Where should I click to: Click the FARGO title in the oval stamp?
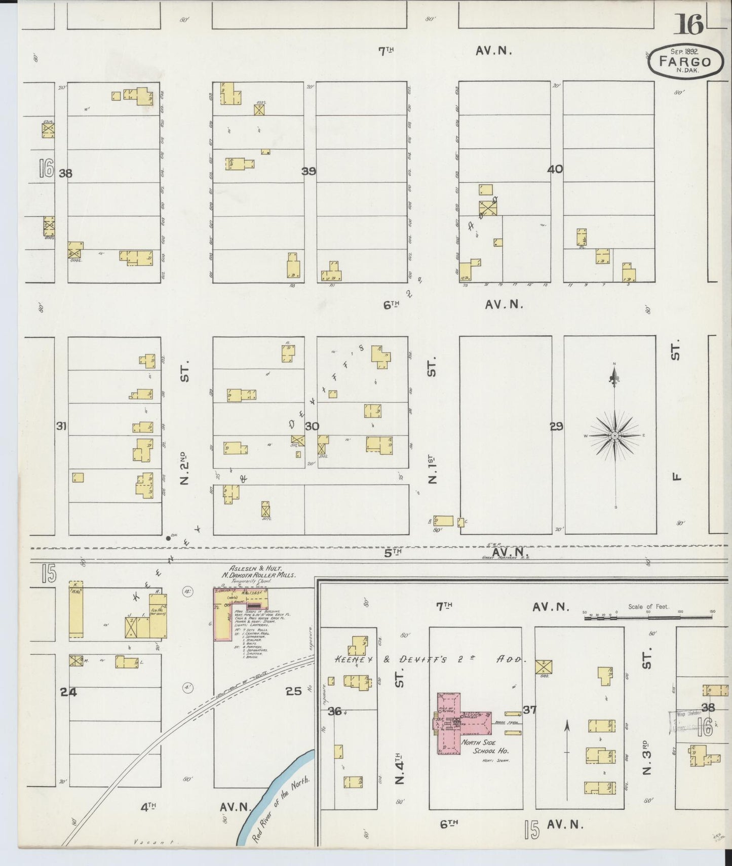(x=685, y=62)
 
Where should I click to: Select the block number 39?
(x=309, y=171)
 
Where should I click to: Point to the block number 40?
(x=555, y=169)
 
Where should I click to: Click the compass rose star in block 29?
(x=614, y=436)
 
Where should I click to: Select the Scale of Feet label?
(x=648, y=607)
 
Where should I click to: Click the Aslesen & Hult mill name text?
(x=258, y=568)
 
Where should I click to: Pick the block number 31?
(x=61, y=426)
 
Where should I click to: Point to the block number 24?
(x=68, y=692)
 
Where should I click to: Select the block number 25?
(x=293, y=691)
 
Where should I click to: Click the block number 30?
(x=312, y=426)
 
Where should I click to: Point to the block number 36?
(x=334, y=711)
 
